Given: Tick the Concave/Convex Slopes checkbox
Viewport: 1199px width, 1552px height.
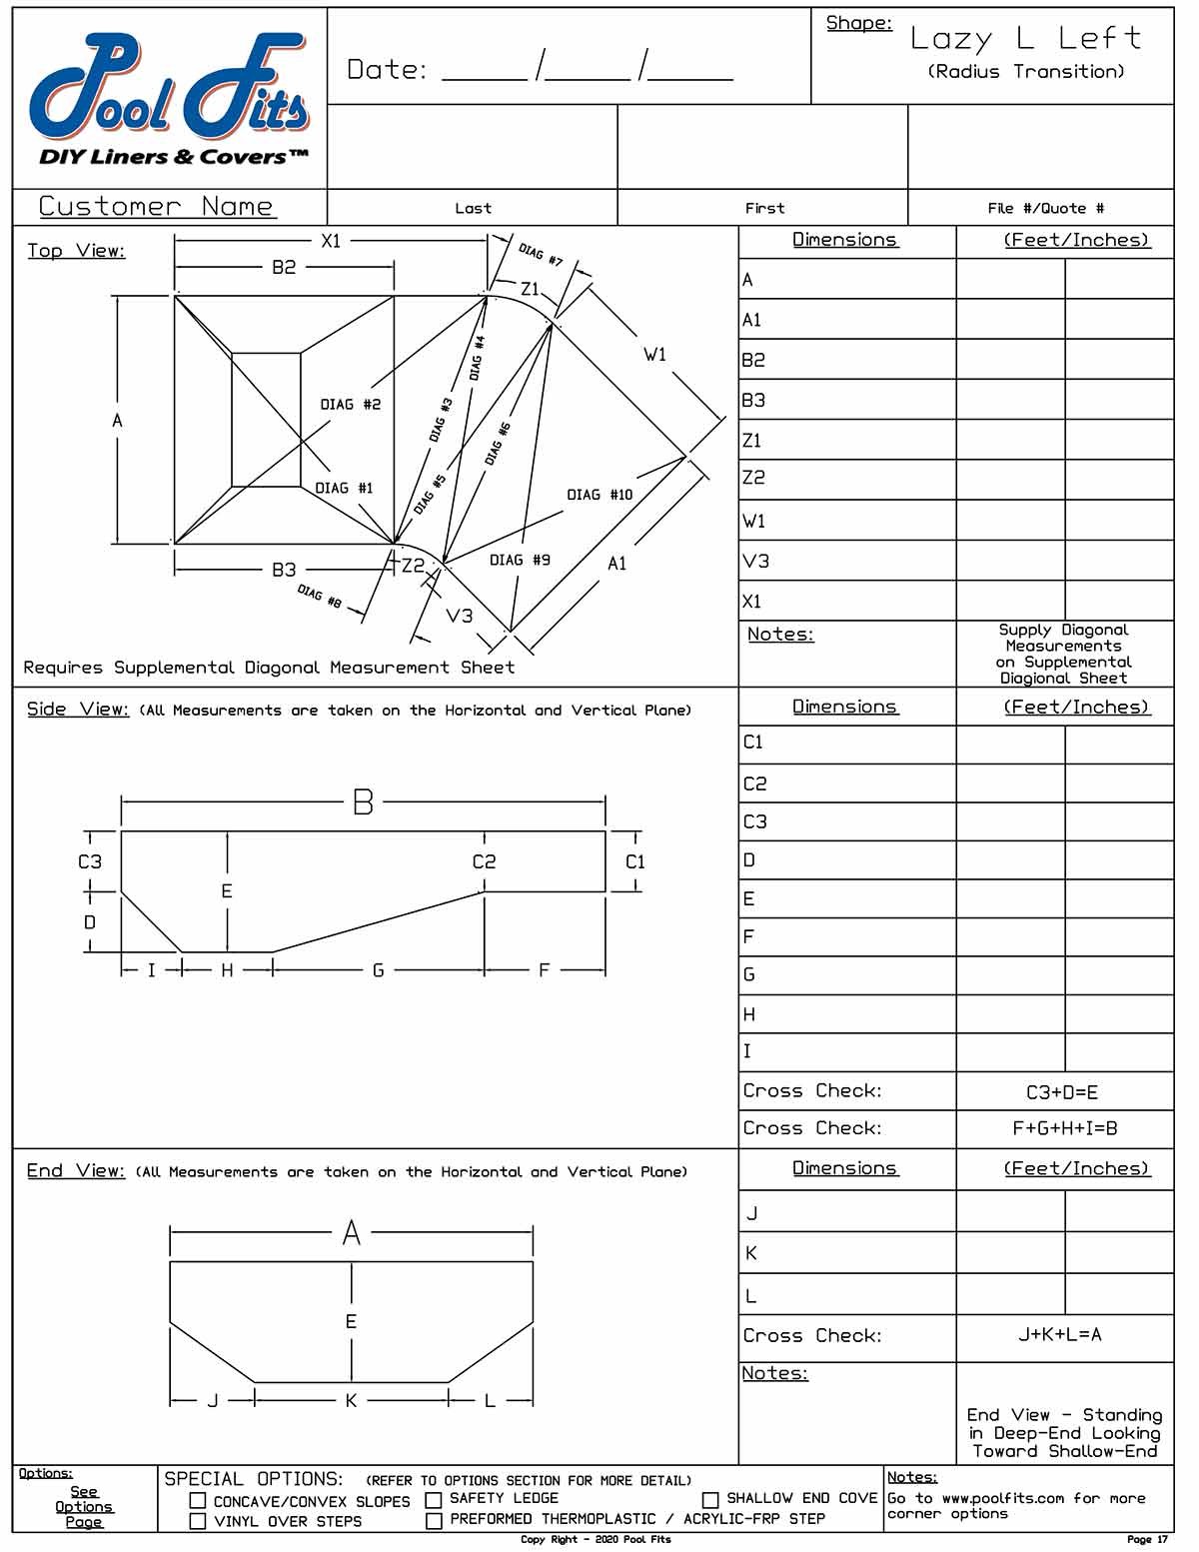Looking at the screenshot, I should click(198, 1501).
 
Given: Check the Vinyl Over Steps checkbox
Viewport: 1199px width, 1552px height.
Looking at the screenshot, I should click(198, 1521).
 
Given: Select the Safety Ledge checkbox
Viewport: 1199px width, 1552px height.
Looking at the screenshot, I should click(434, 1500).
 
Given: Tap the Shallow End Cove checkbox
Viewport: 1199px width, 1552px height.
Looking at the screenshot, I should click(710, 1500).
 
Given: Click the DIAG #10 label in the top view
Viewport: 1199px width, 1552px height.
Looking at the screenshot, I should click(599, 495).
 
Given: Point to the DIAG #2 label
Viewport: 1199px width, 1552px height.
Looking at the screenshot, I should click(350, 405).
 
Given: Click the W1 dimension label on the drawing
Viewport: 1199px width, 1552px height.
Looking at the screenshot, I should click(654, 355).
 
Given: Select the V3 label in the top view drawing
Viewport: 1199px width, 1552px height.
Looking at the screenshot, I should click(460, 616).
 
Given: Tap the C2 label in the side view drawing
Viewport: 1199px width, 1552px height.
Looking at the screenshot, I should click(484, 861).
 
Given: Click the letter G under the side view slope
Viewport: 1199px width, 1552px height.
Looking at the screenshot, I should click(378, 970).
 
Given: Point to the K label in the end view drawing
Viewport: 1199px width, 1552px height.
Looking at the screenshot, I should click(351, 1401).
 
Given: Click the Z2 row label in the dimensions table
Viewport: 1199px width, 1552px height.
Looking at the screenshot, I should click(753, 478).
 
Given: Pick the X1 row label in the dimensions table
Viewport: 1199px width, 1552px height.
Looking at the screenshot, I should click(752, 602).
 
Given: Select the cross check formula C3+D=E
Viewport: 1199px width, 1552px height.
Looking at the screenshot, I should click(1062, 1092).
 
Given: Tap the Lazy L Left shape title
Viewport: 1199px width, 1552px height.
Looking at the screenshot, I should click(1025, 39).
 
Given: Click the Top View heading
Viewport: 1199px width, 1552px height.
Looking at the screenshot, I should click(76, 251).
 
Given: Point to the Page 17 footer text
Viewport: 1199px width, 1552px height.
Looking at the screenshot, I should click(1147, 1540).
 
